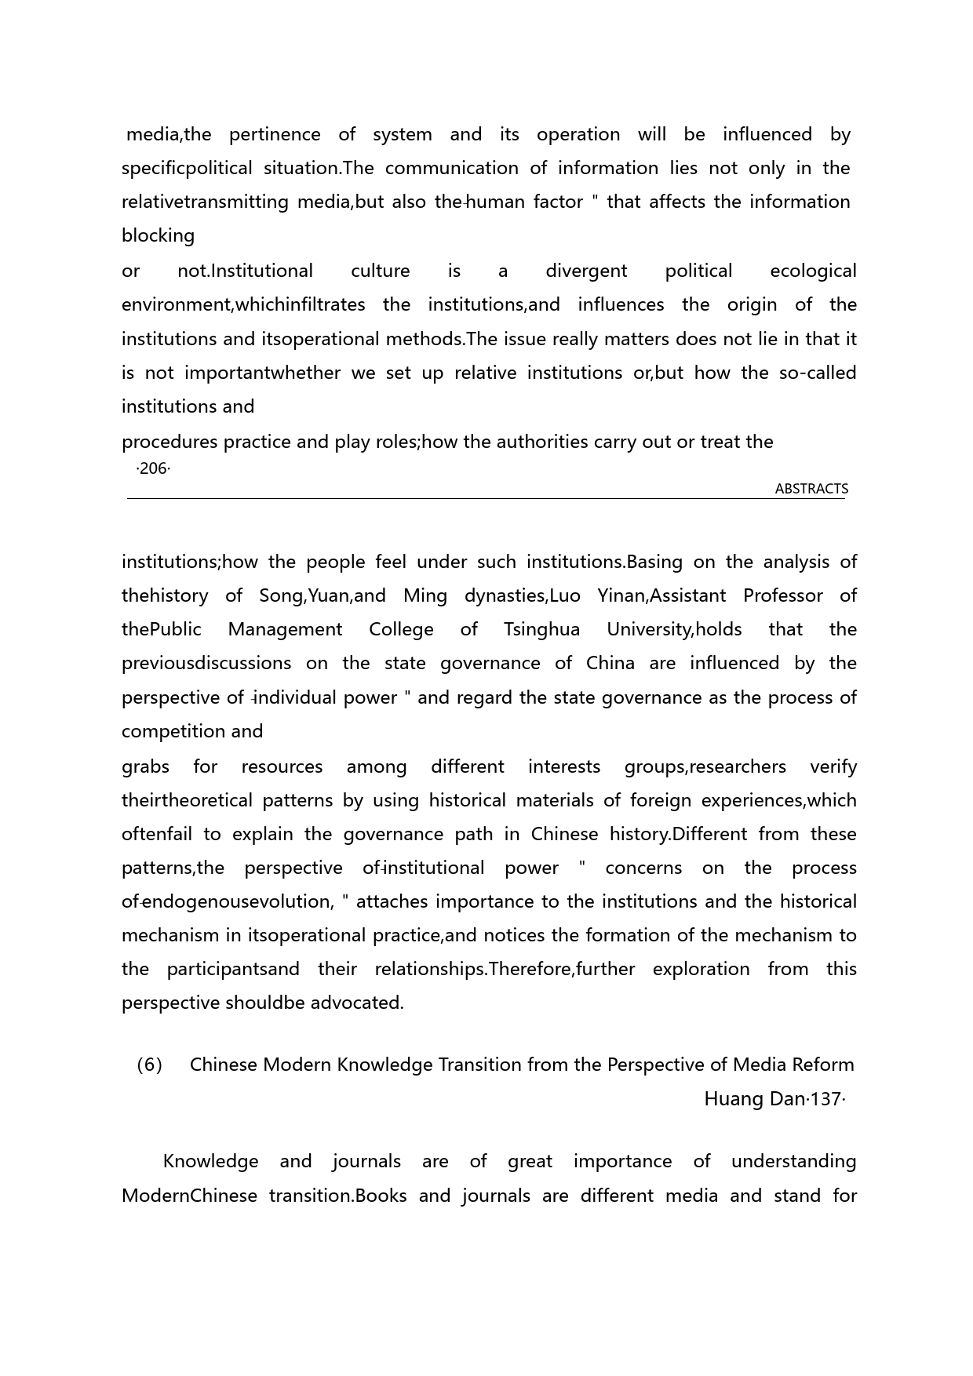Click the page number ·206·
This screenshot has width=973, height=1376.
pyautogui.click(x=153, y=469)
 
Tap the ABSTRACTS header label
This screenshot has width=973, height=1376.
pyautogui.click(x=811, y=489)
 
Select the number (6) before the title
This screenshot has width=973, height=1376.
pyautogui.click(x=149, y=1065)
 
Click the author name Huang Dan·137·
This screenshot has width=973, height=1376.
pyautogui.click(x=774, y=1099)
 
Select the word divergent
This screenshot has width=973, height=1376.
pyautogui.click(x=586, y=271)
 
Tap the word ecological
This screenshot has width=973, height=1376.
pyautogui.click(x=813, y=271)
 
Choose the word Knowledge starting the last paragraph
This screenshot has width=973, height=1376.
pyautogui.click(x=210, y=1161)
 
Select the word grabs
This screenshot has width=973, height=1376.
pyautogui.click(x=145, y=766)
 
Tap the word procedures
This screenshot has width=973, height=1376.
pyautogui.click(x=169, y=442)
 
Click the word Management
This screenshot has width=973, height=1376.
pyautogui.click(x=285, y=629)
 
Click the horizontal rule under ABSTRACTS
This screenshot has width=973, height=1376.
pyautogui.click(x=486, y=498)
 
